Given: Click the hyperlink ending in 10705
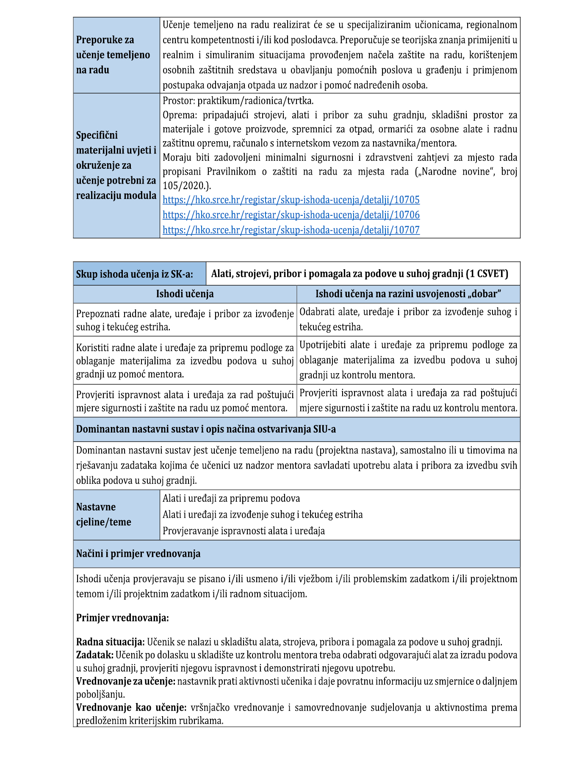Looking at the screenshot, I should [x=291, y=200].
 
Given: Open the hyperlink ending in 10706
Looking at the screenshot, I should [x=291, y=215].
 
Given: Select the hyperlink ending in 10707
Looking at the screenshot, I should [x=291, y=230].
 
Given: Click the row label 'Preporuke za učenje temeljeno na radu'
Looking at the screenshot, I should [x=113, y=55].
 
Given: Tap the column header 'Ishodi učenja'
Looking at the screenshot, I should [x=185, y=294].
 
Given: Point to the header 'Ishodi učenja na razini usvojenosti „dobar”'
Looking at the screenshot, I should [x=408, y=294].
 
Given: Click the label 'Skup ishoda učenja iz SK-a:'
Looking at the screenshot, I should [x=134, y=274].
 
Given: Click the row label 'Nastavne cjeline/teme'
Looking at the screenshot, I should [x=104, y=514].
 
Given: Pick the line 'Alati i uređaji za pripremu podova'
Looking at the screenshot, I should [x=231, y=498].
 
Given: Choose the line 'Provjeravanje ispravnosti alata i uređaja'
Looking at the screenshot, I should [x=244, y=531].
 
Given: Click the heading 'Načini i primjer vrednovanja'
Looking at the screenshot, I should [x=138, y=554].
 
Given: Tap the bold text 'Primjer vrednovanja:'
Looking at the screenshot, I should [x=122, y=618].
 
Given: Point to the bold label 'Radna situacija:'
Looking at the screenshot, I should [x=111, y=642].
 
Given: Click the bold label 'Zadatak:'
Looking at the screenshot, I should [x=95, y=655].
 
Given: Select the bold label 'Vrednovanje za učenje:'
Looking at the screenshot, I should [x=126, y=681].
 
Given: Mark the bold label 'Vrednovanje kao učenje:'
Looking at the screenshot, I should [x=131, y=707].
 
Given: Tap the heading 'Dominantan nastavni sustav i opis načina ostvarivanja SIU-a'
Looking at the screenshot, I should [x=206, y=429].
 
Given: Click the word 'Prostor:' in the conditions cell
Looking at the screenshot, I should [x=179, y=101].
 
